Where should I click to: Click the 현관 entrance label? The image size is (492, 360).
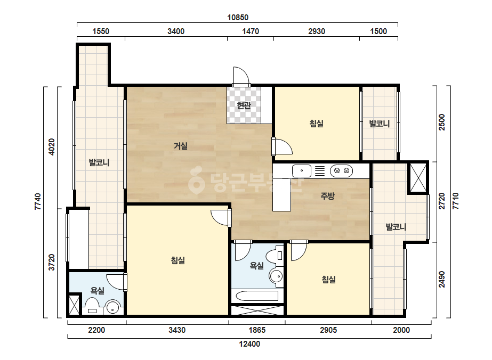click(244, 105)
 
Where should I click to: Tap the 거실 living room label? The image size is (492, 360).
click(181, 146)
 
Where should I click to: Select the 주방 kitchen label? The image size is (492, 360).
click(327, 196)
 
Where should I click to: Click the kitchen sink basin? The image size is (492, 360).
click(302, 171)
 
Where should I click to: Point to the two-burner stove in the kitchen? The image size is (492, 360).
click(341, 171)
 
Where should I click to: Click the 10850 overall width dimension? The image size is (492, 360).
click(238, 18)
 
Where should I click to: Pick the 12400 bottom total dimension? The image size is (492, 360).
click(249, 344)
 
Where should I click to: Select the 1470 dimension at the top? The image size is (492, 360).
click(251, 31)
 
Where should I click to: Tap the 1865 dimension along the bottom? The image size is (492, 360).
click(257, 330)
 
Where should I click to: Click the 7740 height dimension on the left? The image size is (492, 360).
click(38, 202)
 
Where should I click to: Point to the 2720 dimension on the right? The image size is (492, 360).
click(442, 201)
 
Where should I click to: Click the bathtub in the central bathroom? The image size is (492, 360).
click(257, 296)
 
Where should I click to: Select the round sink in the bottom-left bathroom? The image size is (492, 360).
click(112, 307)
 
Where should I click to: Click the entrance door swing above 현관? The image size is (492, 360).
click(241, 76)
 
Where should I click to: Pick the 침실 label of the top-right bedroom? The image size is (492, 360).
click(316, 124)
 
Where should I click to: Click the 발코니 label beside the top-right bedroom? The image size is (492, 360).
click(380, 124)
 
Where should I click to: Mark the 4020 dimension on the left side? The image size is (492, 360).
click(52, 147)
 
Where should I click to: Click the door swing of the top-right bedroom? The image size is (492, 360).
click(283, 146)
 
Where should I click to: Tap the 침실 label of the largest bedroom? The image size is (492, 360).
click(178, 260)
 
